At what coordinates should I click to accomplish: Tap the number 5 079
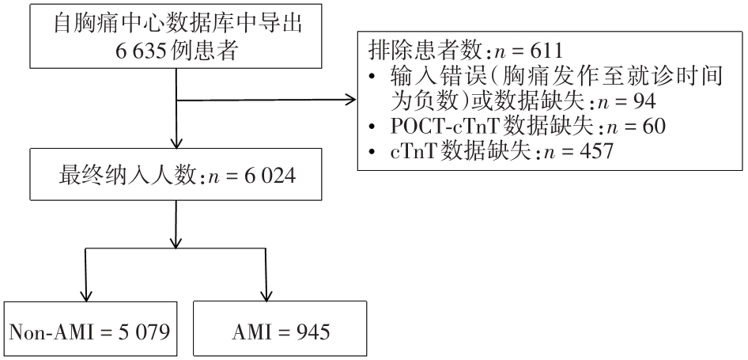(x=138, y=328)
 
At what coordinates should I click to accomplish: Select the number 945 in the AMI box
(x=315, y=328)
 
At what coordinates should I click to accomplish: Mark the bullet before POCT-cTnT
(x=375, y=127)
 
